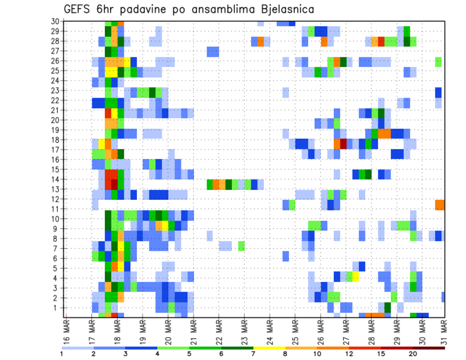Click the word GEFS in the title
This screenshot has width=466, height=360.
pyautogui.click(x=78, y=9)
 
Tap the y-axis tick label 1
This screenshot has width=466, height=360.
pyautogui.click(x=57, y=308)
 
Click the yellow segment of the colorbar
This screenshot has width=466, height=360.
pyautogui.click(x=269, y=348)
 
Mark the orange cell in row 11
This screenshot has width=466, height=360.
pyautogui.click(x=440, y=204)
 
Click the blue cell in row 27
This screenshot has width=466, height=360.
pyautogui.click(x=213, y=51)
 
